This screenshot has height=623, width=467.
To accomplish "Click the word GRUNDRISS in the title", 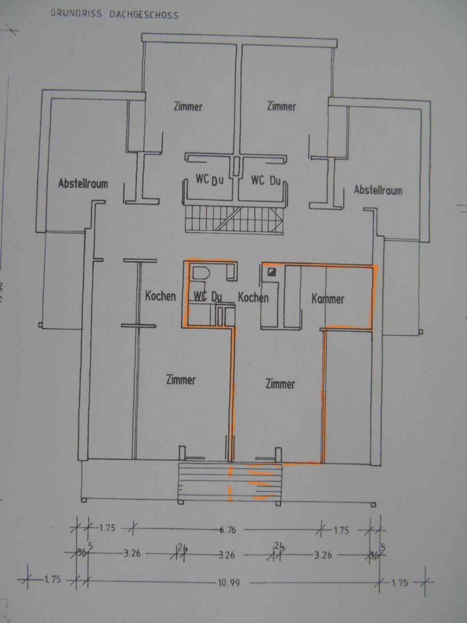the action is click(76, 13).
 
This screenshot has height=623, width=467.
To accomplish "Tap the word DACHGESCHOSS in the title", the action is click(144, 15).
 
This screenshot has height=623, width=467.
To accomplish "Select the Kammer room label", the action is click(328, 299).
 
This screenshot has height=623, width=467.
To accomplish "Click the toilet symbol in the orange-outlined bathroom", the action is click(201, 274).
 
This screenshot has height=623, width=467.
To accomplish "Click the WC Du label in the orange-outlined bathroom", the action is click(208, 297).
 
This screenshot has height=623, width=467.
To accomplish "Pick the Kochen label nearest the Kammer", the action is click(253, 297).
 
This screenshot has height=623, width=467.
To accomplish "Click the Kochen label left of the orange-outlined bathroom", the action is click(160, 296).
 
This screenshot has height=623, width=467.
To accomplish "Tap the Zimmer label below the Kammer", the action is click(280, 384).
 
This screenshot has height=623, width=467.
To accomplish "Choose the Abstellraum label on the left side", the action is click(83, 183).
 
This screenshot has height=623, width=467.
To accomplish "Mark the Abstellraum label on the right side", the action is click(378, 190).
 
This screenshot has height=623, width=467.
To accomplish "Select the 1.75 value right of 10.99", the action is click(400, 583).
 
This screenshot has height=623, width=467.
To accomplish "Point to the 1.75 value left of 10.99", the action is click(52, 579).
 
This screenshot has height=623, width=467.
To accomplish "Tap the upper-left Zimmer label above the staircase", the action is click(188, 107).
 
